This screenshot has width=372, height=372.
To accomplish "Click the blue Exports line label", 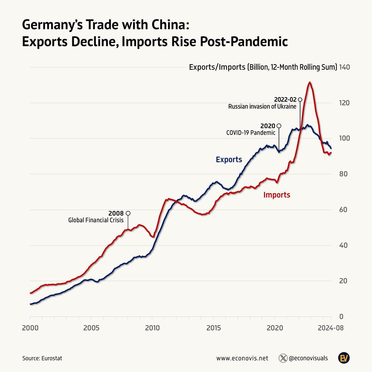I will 229,160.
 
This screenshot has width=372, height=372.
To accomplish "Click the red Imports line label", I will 277,195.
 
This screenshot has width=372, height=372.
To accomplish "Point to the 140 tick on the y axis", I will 345,67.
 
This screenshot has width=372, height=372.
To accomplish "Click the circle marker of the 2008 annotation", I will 128,213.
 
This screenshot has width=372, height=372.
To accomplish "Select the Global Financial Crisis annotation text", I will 96,220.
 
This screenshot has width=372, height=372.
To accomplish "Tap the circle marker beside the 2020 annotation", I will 279,126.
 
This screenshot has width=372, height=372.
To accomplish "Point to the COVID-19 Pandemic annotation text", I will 251,133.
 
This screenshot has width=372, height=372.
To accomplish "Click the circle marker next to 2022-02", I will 300,100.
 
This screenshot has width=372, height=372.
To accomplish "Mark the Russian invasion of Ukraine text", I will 262,107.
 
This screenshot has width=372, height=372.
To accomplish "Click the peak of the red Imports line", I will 309,82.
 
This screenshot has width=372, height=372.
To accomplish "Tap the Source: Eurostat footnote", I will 42,358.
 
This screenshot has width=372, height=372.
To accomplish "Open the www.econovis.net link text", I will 242,358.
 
